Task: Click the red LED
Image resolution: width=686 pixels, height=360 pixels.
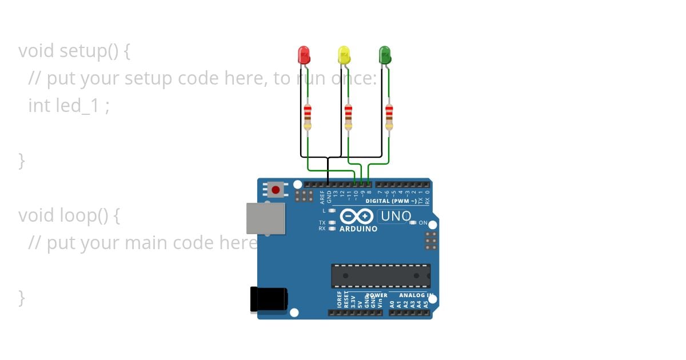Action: (304, 55)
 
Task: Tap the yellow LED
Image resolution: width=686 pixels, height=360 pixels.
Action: (344, 55)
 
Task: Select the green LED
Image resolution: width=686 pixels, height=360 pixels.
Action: (385, 55)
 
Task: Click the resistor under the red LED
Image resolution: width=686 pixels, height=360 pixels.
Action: (308, 117)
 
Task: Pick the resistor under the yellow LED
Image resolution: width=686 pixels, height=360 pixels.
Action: (348, 117)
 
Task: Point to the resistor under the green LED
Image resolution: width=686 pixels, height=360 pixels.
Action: (389, 117)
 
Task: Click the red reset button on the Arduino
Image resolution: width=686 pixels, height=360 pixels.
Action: (276, 190)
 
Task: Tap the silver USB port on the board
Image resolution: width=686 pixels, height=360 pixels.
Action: (266, 218)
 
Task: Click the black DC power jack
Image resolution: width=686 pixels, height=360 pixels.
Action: (268, 299)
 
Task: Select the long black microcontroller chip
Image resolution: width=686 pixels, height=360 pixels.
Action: (381, 276)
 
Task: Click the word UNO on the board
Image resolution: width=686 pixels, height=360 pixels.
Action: (396, 217)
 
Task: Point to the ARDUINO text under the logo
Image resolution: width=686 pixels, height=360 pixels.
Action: (358, 229)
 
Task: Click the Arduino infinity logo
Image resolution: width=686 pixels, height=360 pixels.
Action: (357, 217)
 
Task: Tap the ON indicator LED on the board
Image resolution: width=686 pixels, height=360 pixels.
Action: (413, 223)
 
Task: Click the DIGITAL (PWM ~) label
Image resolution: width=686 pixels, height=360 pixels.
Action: (391, 201)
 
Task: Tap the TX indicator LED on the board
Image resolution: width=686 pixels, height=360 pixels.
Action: (332, 223)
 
